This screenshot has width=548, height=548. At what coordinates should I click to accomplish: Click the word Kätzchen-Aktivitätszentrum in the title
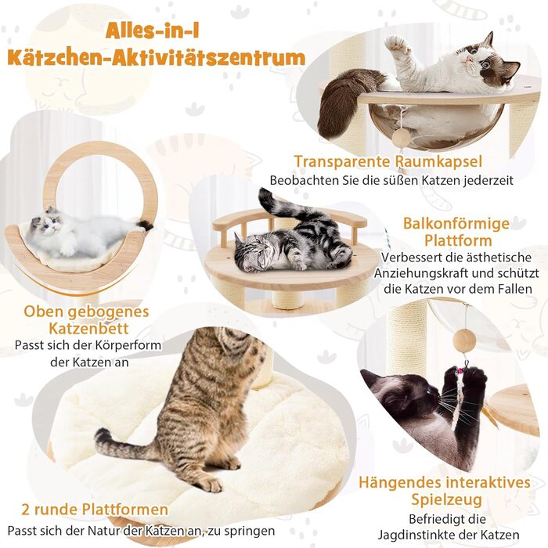(157, 57)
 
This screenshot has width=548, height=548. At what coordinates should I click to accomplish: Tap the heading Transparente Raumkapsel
(388, 161)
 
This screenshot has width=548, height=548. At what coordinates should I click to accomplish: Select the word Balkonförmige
(456, 224)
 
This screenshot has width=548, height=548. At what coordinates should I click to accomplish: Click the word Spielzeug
(447, 499)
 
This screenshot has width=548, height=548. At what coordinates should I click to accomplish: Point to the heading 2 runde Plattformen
(95, 509)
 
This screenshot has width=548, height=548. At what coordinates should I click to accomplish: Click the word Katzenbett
(88, 329)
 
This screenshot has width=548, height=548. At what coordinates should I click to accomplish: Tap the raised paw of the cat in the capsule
(396, 45)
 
